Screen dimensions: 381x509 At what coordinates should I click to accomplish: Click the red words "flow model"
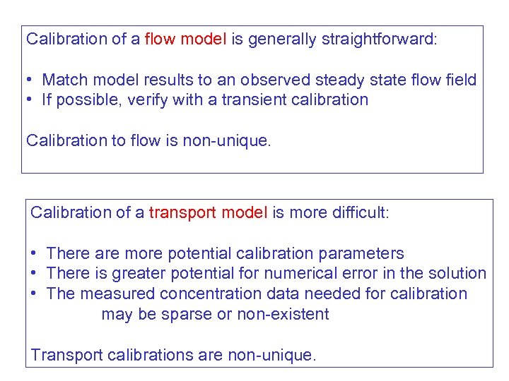coord(185,39)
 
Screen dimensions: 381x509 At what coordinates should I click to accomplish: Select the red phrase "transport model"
coord(209,212)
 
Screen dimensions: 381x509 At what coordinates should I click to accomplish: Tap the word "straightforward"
coord(378,39)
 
